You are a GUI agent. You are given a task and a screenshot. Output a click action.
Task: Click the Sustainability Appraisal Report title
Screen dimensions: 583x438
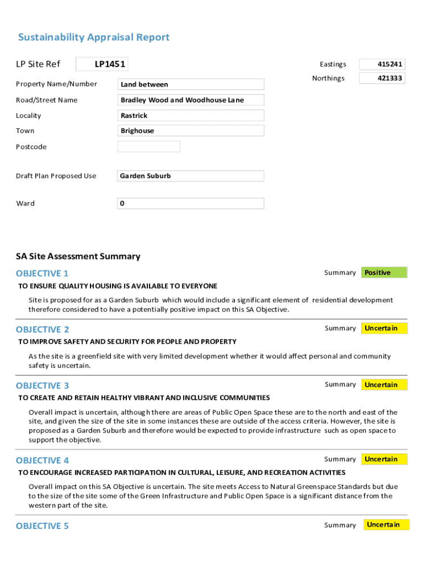pos(94,38)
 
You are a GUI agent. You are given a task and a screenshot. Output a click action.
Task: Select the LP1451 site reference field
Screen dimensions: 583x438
pos(102,64)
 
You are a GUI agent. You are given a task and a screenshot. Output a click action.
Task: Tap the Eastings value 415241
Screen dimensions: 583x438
pos(382,64)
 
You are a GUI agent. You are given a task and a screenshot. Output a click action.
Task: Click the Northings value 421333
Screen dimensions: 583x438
pos(382,78)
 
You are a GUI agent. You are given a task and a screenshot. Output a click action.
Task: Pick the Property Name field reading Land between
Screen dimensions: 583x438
pos(191,84)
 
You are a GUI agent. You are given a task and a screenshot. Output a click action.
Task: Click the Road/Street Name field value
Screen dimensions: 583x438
pos(191,100)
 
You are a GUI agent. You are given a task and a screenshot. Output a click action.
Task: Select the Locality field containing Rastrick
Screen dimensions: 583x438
pos(191,116)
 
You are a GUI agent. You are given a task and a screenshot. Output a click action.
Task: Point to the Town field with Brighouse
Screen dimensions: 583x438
pos(191,131)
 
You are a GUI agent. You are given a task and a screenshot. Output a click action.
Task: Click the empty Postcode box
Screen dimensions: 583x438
pos(149,147)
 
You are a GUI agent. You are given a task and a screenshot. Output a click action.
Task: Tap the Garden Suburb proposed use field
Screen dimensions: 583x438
pos(191,176)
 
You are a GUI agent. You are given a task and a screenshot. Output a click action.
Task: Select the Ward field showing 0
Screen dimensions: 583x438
pos(191,203)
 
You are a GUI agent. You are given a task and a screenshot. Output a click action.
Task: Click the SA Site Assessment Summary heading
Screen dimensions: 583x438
pos(78,256)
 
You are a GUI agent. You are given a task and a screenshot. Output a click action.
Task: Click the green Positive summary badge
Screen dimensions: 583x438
pos(385,273)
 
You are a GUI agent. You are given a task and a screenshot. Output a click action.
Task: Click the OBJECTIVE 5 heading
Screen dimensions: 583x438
pos(43,526)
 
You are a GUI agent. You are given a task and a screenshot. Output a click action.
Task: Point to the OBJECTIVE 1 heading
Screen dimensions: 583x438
pos(43,273)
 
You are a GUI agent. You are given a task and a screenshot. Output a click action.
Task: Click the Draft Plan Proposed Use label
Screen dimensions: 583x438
pos(56,176)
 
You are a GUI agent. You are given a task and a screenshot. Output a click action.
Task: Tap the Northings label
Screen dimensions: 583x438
pos(328,79)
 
